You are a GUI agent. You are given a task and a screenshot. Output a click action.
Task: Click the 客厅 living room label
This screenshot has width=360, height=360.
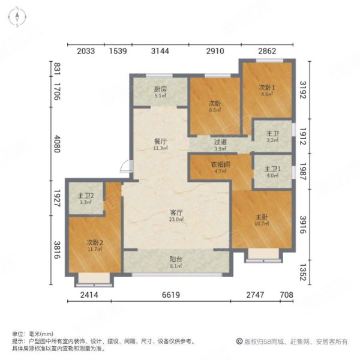[x=176, y=212]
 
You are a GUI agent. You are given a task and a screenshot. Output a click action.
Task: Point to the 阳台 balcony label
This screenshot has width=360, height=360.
[x=176, y=260]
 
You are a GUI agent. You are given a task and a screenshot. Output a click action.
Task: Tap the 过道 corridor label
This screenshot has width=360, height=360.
[x=220, y=142]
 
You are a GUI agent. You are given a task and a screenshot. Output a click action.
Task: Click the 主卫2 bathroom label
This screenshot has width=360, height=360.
[x=85, y=196]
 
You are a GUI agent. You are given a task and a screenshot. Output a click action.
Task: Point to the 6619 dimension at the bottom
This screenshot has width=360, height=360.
[x=176, y=294]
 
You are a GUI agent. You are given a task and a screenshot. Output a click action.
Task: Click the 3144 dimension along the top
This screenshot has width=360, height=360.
[x=160, y=50]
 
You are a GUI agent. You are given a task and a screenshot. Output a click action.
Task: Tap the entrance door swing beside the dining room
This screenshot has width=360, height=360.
[x=125, y=167]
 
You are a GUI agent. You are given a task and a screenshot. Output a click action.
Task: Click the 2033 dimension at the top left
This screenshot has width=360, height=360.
[x=86, y=50]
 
